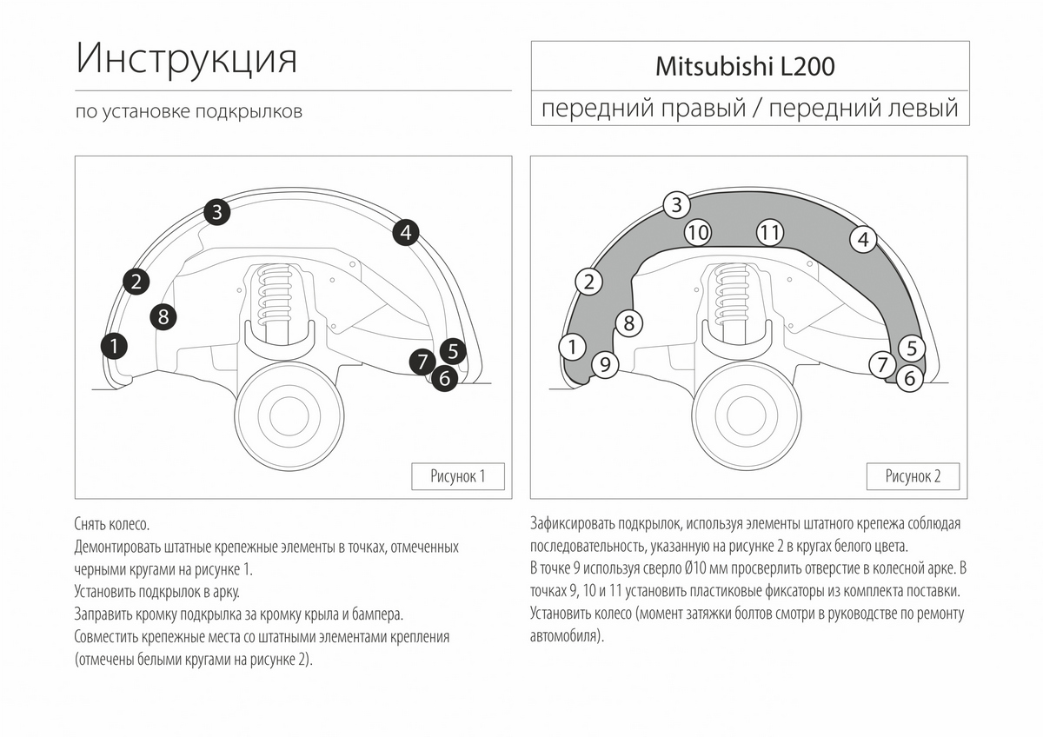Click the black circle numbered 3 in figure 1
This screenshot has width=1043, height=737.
[x=217, y=211]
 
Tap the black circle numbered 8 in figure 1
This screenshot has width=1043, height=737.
[x=163, y=316]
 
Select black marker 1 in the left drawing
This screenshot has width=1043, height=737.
[x=114, y=345]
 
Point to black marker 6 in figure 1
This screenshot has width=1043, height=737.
[x=444, y=378]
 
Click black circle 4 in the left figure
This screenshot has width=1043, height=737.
[x=406, y=232]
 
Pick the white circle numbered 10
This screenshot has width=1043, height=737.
[x=698, y=232]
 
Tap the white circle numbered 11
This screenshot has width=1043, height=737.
[x=769, y=232]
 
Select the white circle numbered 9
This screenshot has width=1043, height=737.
[x=605, y=365]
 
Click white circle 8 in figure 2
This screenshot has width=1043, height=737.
[x=629, y=323]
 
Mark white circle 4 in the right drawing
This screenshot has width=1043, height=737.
[x=862, y=239]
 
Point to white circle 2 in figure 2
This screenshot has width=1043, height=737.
[x=589, y=281]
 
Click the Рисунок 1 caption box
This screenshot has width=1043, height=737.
[x=457, y=476]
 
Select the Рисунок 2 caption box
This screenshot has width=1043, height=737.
[x=913, y=476]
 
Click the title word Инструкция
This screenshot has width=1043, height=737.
[x=187, y=58]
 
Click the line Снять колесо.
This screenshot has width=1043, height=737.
[x=112, y=525]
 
